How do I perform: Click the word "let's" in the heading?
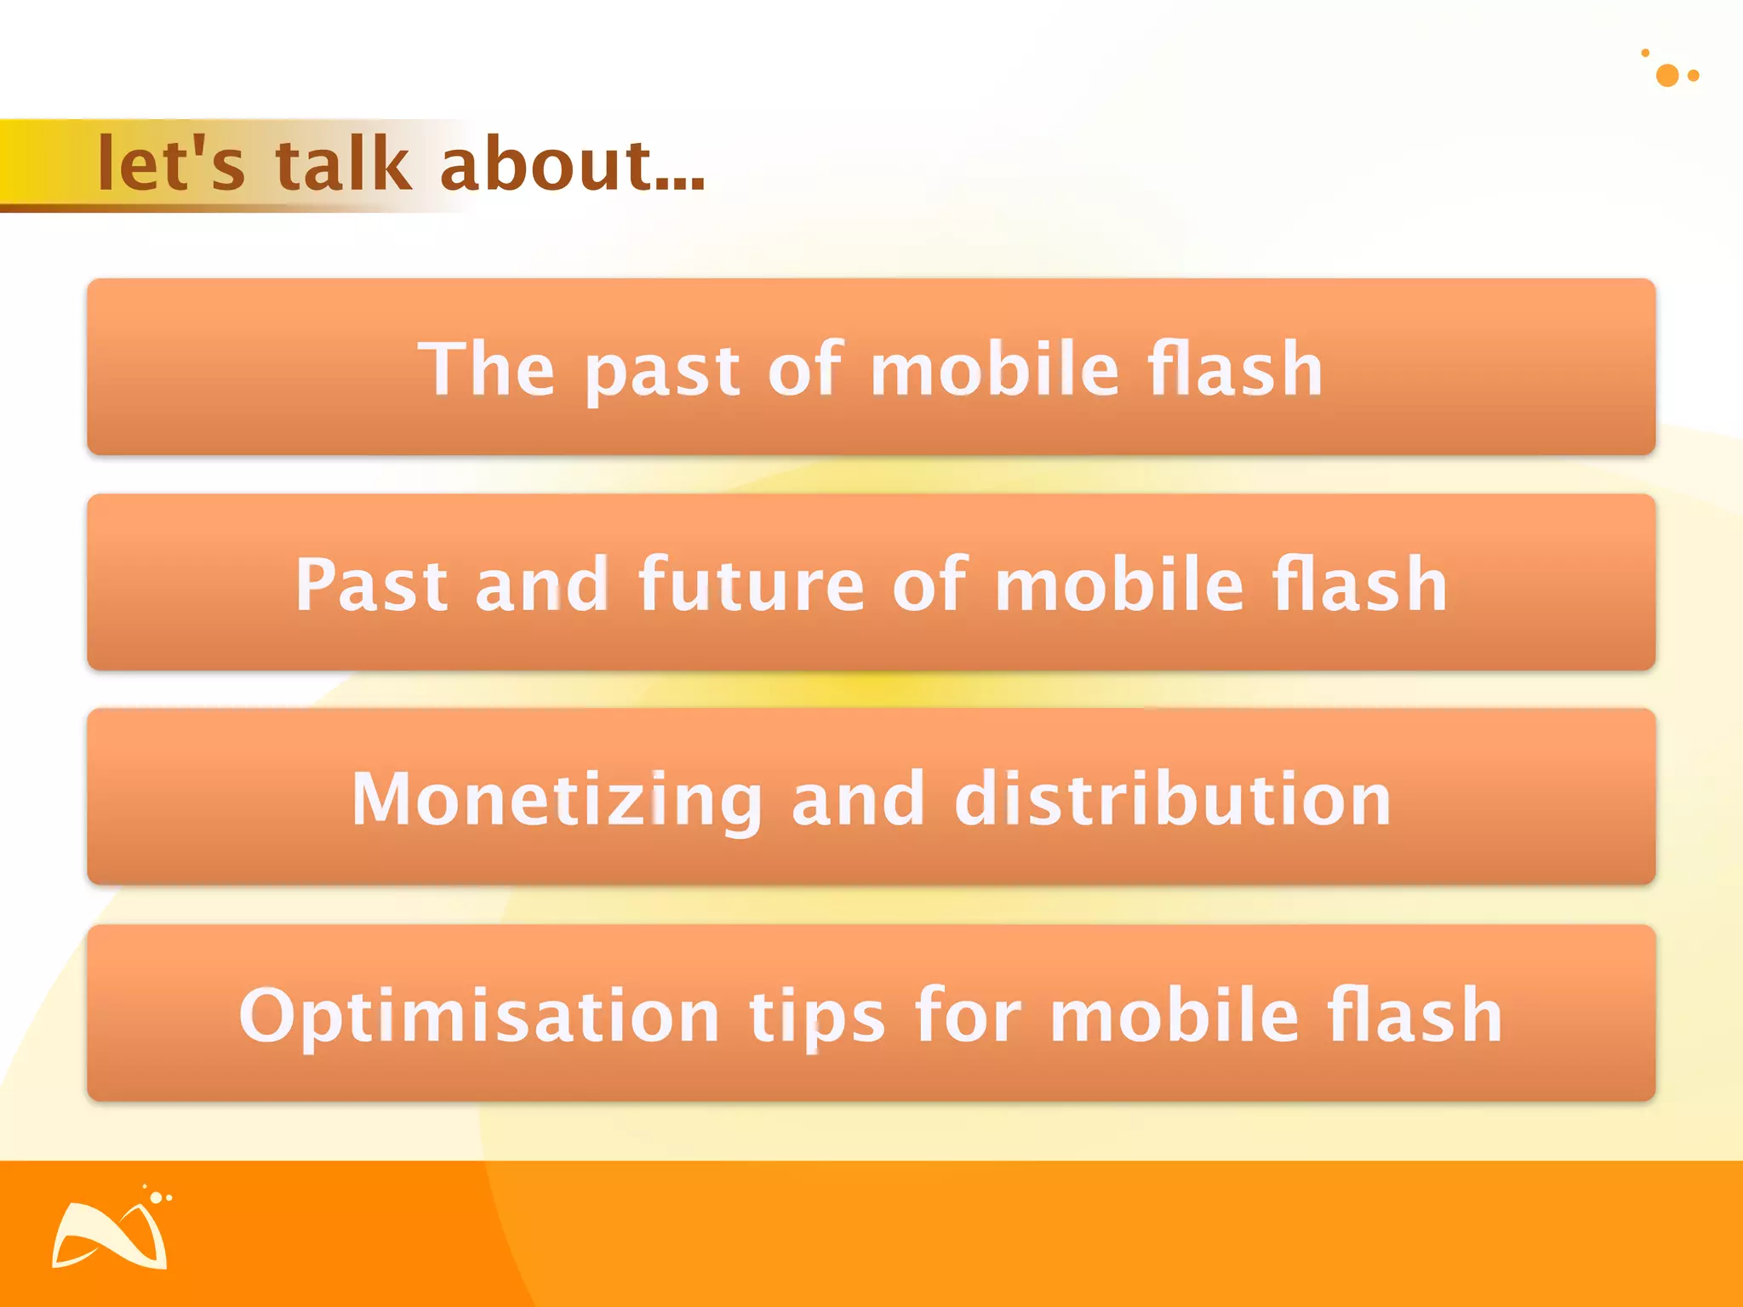point(170,163)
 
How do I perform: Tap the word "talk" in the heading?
point(343,163)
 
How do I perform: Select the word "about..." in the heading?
point(572,163)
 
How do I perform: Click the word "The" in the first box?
point(486,368)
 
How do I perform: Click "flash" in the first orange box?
point(1235,368)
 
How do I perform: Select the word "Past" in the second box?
point(371,584)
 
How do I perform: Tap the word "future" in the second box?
point(751,584)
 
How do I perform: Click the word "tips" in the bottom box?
point(817,1016)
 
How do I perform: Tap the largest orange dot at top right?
point(1667,76)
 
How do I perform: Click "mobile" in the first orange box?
point(994,368)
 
